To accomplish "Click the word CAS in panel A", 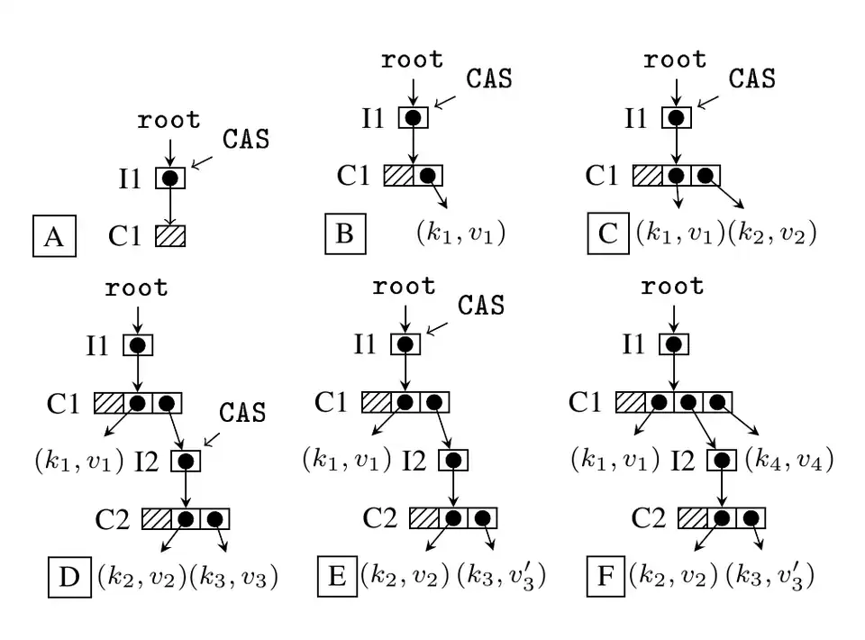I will pyautogui.click(x=246, y=140).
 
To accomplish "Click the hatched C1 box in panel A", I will pyautogui.click(x=170, y=236).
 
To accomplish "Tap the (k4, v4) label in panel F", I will pyautogui.click(x=788, y=460).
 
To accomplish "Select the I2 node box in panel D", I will pyautogui.click(x=185, y=461).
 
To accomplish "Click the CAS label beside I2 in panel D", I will pyautogui.click(x=243, y=413).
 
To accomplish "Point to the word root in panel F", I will pyautogui.click(x=672, y=288).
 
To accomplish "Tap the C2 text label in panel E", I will pyautogui.click(x=380, y=518).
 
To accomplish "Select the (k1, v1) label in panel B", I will pyautogui.click(x=460, y=233).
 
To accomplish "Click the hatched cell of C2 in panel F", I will pyautogui.click(x=691, y=518).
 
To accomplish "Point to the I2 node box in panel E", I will pyautogui.click(x=453, y=461).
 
